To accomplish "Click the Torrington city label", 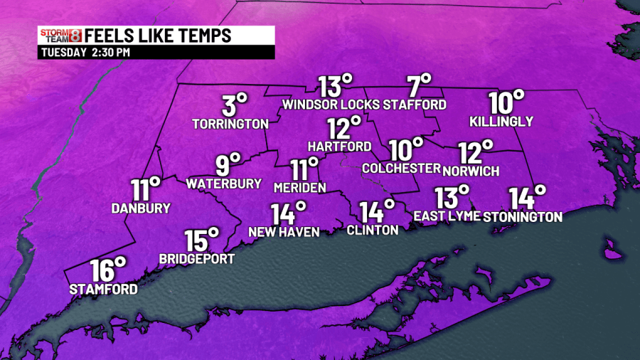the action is pyautogui.click(x=230, y=124).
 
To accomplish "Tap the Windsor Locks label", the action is pyautogui.click(x=330, y=105).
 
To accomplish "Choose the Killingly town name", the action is pyautogui.click(x=501, y=122).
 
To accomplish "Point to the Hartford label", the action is pyautogui.click(x=339, y=147).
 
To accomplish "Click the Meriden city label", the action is pyautogui.click(x=299, y=188).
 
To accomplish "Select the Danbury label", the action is pyautogui.click(x=141, y=208).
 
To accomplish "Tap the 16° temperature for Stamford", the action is pyautogui.click(x=108, y=271).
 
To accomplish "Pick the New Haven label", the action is pyautogui.click(x=284, y=232).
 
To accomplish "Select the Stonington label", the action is pyautogui.click(x=523, y=216).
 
